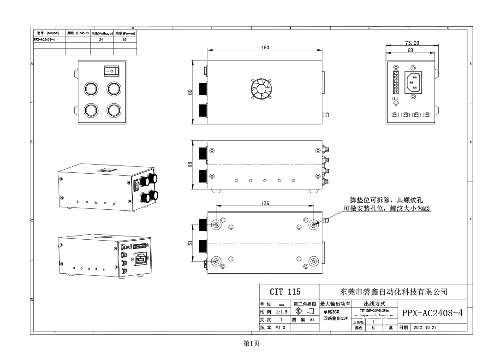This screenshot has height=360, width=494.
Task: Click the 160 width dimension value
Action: [x=265, y=47]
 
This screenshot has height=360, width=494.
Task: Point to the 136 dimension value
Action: [x=265, y=203]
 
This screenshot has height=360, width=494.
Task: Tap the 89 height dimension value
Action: [x=190, y=92]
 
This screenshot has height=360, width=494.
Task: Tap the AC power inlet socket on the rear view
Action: [x=413, y=83]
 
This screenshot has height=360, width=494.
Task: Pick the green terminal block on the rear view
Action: [x=395, y=83]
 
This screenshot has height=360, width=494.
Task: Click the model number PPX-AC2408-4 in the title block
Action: [x=432, y=314]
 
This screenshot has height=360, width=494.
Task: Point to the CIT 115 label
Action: [x=285, y=292]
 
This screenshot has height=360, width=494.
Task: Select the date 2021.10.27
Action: [x=425, y=328]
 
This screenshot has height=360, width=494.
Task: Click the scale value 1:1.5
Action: [x=281, y=312]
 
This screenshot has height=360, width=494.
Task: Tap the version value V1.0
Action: [x=280, y=328]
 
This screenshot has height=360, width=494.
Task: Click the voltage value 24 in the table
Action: [x=101, y=40]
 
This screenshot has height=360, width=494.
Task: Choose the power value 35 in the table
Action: [x=124, y=40]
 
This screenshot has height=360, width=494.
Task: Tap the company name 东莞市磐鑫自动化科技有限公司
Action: [x=393, y=292]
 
